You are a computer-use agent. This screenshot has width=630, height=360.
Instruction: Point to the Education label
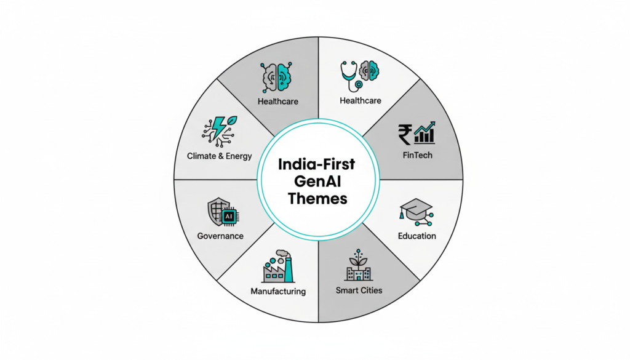(417, 236)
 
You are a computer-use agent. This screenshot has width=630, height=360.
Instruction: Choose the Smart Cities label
(359, 290)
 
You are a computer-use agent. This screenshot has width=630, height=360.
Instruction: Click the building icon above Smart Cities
(358, 265)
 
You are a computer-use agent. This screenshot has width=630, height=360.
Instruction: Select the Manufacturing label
(278, 291)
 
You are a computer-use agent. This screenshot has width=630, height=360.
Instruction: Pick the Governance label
(220, 236)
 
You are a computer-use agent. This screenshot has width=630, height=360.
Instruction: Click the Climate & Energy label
(220, 156)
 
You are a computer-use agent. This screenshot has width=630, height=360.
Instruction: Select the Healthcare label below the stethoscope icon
(360, 100)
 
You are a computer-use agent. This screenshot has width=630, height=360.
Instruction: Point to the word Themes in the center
(316, 199)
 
